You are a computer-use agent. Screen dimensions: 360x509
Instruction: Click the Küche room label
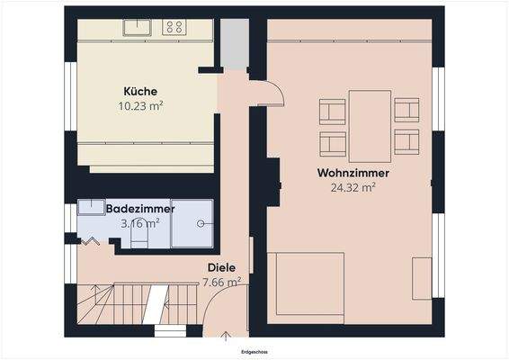[140, 91]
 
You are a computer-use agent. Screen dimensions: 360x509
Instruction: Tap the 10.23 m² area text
[140, 105]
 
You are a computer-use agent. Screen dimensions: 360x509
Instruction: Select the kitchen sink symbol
[137, 28]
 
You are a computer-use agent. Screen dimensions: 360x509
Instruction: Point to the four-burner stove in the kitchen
[174, 28]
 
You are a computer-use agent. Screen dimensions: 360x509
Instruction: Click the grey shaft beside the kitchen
[234, 43]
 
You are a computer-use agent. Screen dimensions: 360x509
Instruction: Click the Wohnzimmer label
[346, 172]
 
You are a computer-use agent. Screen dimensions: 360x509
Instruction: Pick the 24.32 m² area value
[346, 187]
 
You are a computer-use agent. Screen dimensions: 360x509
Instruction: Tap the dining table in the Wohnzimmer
[370, 126]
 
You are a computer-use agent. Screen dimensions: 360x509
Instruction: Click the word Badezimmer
[139, 208]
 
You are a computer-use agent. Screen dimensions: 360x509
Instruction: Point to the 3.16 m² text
[139, 221]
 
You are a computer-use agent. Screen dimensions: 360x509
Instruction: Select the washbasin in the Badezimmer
[91, 208]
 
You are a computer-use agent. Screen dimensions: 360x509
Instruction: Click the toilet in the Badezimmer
[139, 237]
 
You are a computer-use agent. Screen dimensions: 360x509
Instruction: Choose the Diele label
[221, 267]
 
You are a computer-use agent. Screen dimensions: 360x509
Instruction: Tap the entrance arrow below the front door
[226, 337]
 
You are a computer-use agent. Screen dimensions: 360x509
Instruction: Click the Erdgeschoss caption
[254, 353]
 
